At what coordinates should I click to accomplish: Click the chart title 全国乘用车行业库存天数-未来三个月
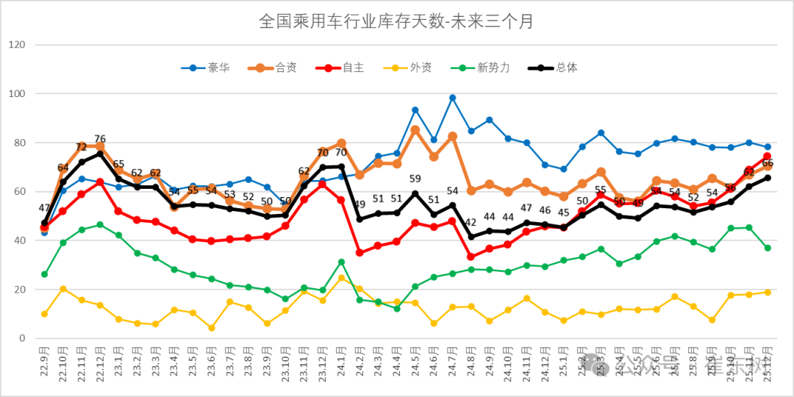[396, 21]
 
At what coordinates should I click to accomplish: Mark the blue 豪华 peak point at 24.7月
[452, 98]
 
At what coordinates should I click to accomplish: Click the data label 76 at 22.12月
[100, 139]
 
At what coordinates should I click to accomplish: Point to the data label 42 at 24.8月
[471, 223]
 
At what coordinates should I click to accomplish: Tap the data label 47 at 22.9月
[43, 209]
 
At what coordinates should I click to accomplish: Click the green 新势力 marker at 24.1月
[341, 262]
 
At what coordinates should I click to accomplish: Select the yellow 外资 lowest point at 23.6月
[211, 328]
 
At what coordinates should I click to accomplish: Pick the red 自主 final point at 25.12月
[767, 157]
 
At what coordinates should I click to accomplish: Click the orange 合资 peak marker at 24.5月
[415, 130]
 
